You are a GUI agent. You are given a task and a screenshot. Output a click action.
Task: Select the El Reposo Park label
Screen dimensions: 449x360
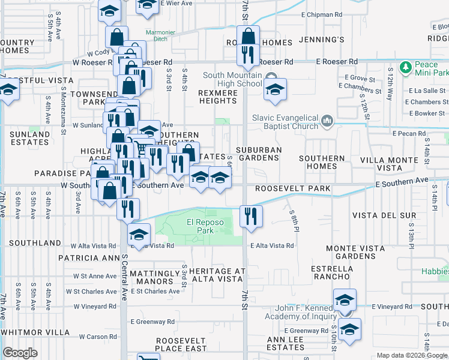click(205, 226)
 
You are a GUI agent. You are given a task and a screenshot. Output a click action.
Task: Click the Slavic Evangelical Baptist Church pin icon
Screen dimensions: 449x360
click(327, 122)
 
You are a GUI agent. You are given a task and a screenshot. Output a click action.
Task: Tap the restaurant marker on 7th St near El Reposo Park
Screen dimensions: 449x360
click(251, 215)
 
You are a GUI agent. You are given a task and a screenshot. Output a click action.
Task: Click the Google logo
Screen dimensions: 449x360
click(20, 353)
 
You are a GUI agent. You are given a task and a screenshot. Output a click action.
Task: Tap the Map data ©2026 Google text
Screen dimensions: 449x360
click(411, 355)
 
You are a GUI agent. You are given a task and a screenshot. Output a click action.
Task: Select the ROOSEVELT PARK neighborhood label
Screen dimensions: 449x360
click(293, 188)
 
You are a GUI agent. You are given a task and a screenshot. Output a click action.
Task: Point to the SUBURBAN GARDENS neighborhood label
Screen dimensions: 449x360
click(259, 154)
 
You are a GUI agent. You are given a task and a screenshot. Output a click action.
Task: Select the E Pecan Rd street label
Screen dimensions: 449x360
click(409, 133)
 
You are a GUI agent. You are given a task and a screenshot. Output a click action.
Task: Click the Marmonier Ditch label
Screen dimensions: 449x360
click(158, 37)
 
